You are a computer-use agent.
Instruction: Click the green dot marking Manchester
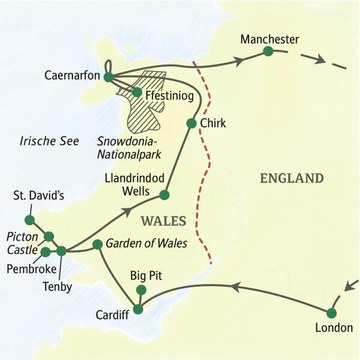268,52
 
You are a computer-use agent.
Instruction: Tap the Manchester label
269,39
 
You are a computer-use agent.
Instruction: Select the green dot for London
331,313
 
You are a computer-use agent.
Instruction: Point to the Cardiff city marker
138,310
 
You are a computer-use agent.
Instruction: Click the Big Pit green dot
141,290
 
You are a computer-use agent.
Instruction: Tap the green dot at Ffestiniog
137,92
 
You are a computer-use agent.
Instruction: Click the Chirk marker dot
191,124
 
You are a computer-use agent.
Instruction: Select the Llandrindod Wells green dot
164,195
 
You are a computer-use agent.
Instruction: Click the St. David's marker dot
29,220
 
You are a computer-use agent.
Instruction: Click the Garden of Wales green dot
97,244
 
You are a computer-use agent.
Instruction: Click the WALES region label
163,221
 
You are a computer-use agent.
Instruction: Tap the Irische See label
46,142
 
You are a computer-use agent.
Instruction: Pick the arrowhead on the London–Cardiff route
236,289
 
